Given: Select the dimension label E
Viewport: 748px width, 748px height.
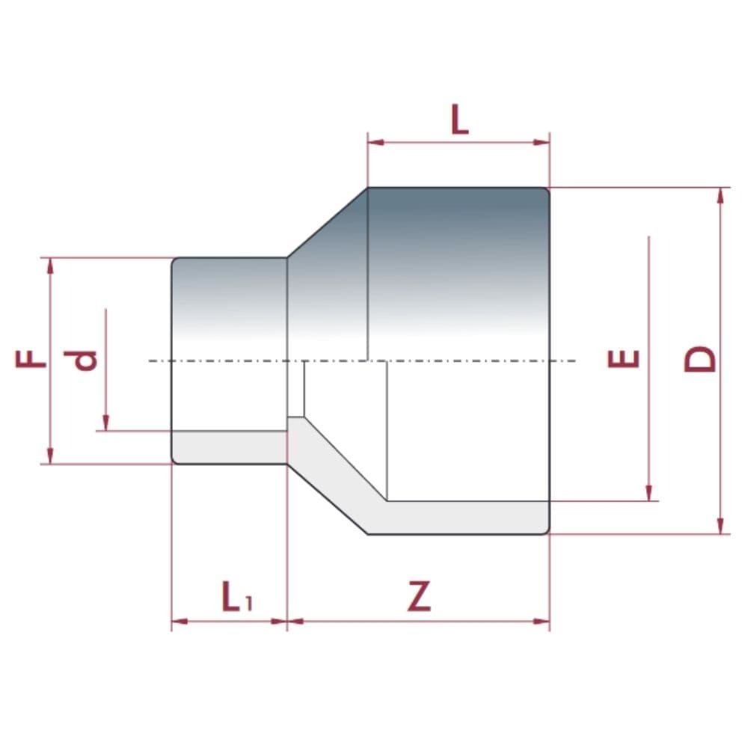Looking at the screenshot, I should pyautogui.click(x=623, y=359).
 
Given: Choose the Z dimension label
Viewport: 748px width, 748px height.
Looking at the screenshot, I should pyautogui.click(x=420, y=597).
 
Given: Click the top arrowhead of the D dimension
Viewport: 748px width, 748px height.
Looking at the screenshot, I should pyautogui.click(x=720, y=194).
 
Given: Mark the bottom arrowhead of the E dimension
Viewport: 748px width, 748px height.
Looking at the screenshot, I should pyautogui.click(x=649, y=494).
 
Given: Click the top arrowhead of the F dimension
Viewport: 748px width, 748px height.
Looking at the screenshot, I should pyautogui.click(x=51, y=265).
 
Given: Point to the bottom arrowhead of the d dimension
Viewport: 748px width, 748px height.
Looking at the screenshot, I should pyautogui.click(x=105, y=423).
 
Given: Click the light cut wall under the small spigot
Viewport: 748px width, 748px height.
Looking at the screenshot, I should pyautogui.click(x=228, y=447).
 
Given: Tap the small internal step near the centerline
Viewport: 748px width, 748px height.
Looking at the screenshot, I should pyautogui.click(x=297, y=389).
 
